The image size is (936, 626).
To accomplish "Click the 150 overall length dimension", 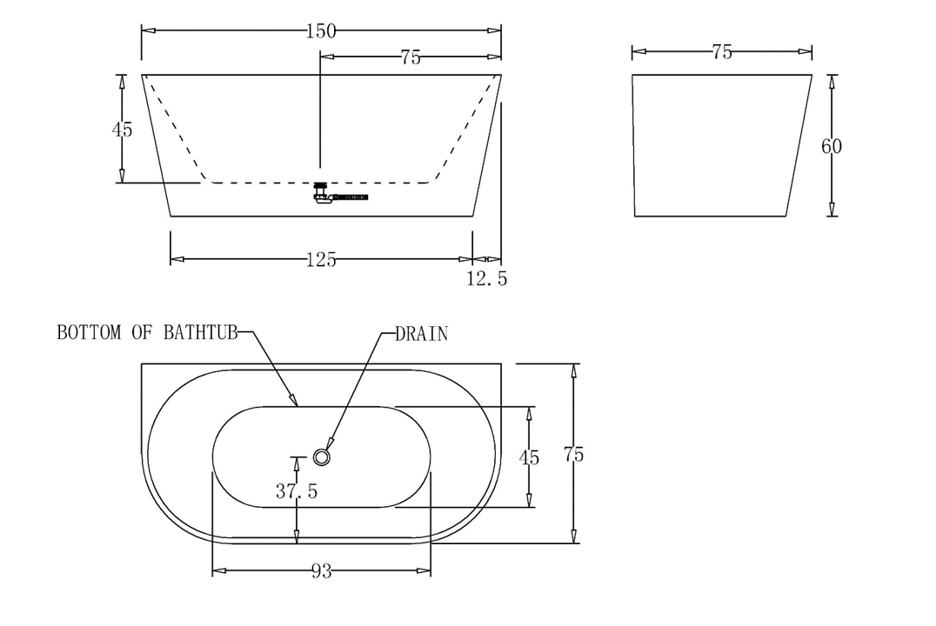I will coord(321,31).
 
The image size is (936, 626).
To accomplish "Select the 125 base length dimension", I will coord(321,259).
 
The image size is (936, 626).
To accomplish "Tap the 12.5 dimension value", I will coord(486,279).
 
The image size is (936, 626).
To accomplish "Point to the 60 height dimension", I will coord(832,146).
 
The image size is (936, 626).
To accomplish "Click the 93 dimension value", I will coord(321,572).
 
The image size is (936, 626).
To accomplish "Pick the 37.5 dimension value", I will coord(297,491).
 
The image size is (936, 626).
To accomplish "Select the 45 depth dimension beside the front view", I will coord(123,130).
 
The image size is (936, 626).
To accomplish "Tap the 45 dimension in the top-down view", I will coord(528,457).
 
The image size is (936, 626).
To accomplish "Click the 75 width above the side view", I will coord(721,52).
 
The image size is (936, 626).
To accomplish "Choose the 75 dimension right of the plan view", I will coord(573,454).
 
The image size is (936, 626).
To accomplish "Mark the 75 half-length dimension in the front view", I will coord(411,57).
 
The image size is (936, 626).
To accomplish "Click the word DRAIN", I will coord(422,334).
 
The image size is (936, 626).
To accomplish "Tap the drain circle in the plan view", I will coord(323,456).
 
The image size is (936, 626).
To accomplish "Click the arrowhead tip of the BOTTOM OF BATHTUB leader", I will coord(298,406).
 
